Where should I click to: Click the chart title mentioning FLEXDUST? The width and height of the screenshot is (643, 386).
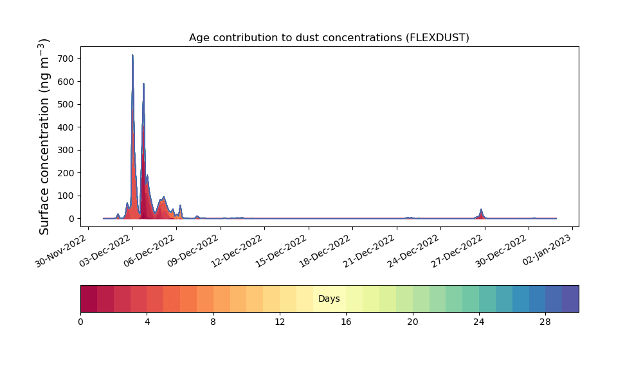pyautogui.click(x=329, y=38)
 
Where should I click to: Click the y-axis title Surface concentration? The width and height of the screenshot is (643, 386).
pyautogui.click(x=44, y=136)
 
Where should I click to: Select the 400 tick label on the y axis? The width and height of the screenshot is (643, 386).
pyautogui.click(x=66, y=127)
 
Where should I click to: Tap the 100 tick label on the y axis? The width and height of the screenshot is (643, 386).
pyautogui.click(x=66, y=196)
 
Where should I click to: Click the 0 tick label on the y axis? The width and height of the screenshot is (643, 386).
pyautogui.click(x=72, y=219)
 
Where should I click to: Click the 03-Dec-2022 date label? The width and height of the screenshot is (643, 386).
pyautogui.click(x=105, y=251)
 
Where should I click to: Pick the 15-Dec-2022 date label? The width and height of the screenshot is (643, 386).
pyautogui.click(x=281, y=251)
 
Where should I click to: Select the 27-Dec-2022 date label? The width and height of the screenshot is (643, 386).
pyautogui.click(x=457, y=251)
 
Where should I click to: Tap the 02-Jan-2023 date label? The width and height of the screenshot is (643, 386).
pyautogui.click(x=547, y=250)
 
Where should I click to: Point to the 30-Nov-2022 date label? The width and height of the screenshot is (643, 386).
pyautogui.click(x=60, y=251)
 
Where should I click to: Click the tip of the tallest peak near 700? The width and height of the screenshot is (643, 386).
pyautogui.click(x=132, y=55)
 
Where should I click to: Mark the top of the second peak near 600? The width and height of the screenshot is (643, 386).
pyautogui.click(x=143, y=84)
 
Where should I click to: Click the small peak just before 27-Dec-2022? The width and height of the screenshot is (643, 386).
pyautogui.click(x=481, y=210)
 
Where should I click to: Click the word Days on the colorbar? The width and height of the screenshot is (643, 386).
pyautogui.click(x=329, y=299)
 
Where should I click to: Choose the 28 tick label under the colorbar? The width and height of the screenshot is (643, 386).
pyautogui.click(x=545, y=322)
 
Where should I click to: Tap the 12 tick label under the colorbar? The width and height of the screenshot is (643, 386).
pyautogui.click(x=280, y=322)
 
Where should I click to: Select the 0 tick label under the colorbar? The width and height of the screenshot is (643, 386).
pyautogui.click(x=80, y=322)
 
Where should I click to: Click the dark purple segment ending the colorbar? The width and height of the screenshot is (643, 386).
pyautogui.click(x=570, y=299)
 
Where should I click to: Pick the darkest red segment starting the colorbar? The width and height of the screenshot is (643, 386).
pyautogui.click(x=89, y=299)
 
